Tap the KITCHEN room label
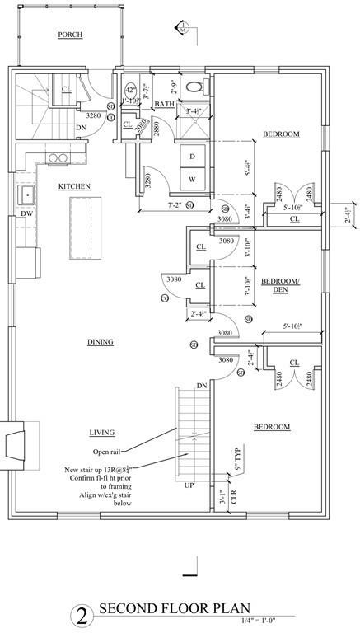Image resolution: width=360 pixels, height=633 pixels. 74,187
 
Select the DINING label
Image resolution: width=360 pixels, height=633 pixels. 100,341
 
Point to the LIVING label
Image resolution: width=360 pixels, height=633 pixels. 101,433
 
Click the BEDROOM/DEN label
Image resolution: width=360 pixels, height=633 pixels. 280,285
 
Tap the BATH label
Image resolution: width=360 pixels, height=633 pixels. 163,104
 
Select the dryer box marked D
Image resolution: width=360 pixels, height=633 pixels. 192,156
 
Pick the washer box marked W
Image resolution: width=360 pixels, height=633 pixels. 192,179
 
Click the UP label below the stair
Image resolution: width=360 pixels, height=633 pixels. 189,485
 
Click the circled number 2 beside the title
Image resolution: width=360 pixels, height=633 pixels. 81,614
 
